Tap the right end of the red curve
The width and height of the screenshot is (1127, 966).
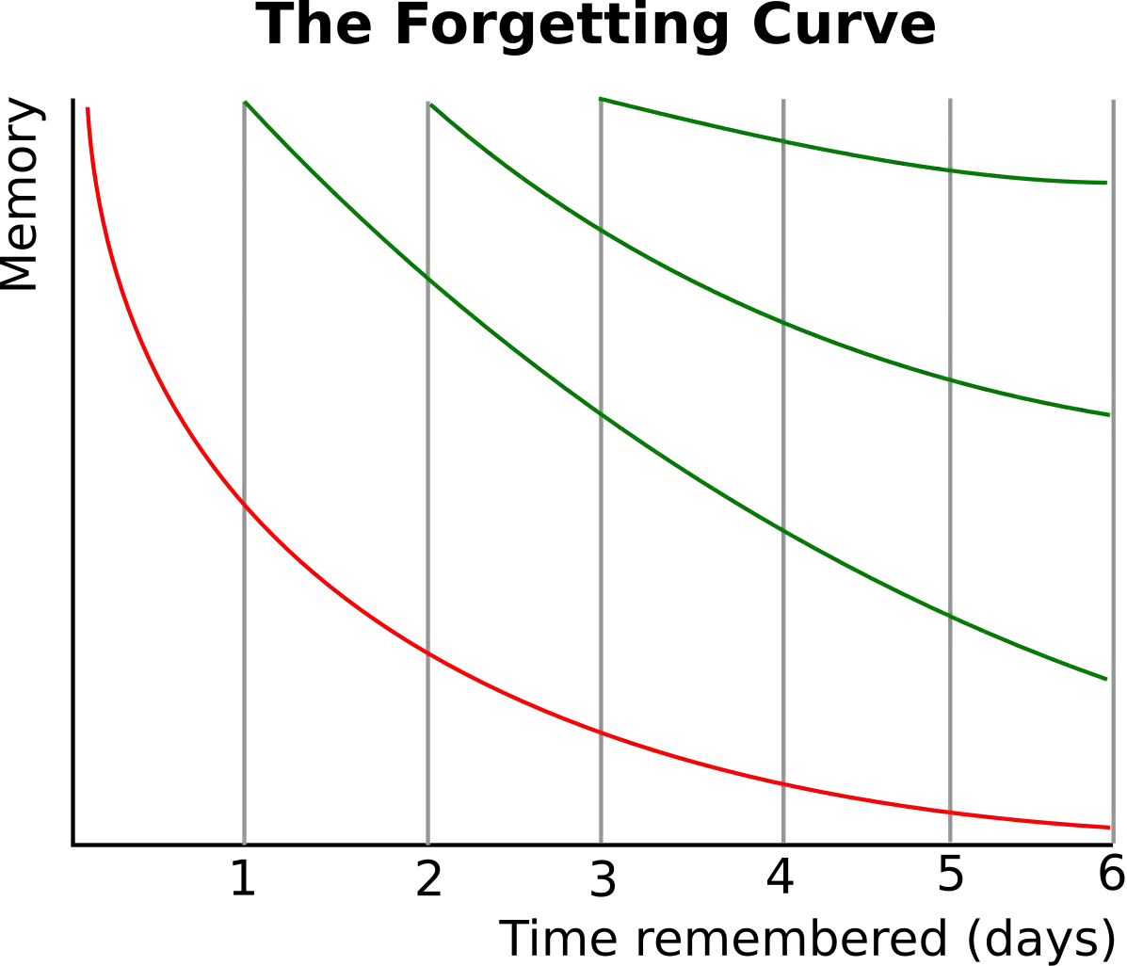click(1108, 827)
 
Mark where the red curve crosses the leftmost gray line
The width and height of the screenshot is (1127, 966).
click(245, 506)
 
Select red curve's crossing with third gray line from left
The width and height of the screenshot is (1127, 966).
click(602, 735)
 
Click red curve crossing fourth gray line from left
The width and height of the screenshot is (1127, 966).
click(782, 784)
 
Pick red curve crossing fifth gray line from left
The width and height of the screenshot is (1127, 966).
click(949, 813)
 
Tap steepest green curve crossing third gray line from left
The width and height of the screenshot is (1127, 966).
click(602, 417)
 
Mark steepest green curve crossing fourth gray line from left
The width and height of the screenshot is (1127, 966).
click(782, 532)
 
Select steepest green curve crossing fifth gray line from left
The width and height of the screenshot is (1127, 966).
click(949, 617)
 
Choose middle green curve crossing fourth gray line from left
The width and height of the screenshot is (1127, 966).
click(782, 323)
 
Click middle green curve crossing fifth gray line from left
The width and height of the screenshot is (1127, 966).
click(949, 381)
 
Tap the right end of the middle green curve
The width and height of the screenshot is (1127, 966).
click(1108, 414)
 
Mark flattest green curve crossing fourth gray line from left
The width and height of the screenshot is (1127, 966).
click(782, 141)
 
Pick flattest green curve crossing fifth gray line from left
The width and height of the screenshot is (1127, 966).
click(949, 171)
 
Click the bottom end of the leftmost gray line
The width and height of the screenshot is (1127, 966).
click(245, 841)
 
